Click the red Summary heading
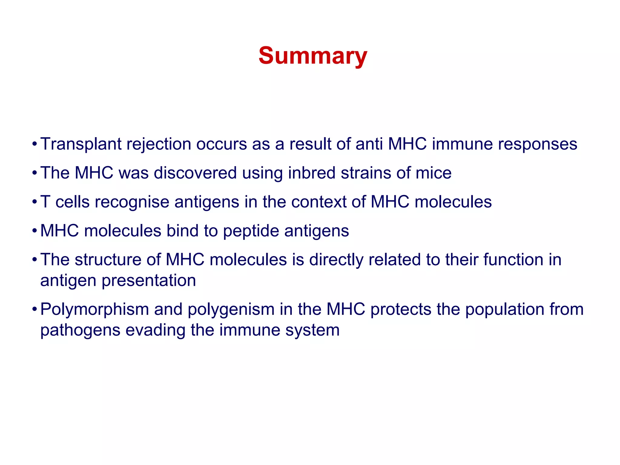312,56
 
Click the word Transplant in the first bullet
81,144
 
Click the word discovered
195,173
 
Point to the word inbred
312,173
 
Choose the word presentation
149,281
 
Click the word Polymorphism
94,309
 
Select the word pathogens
80,330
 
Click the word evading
155,330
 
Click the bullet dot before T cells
35,202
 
